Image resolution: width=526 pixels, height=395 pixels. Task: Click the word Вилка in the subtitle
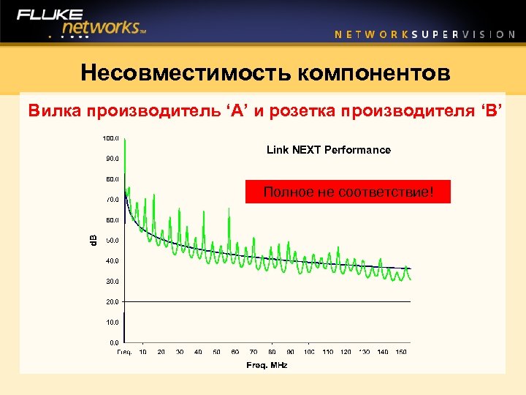[x=54, y=111]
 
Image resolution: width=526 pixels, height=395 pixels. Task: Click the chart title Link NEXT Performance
[x=328, y=150]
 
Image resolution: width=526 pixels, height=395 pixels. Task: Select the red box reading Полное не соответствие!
[x=348, y=192]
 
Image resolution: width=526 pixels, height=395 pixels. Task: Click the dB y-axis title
[x=93, y=240]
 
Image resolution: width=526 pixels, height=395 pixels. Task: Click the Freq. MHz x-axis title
[x=267, y=364]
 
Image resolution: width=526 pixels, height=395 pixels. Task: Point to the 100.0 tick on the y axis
[x=110, y=138]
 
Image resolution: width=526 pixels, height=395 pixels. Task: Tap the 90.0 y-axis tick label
[x=112, y=158]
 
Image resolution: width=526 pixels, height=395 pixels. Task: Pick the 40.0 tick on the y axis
[x=112, y=260]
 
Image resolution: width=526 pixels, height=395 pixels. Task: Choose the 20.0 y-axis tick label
[x=112, y=301]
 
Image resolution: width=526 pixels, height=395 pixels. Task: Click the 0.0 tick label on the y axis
[x=114, y=342]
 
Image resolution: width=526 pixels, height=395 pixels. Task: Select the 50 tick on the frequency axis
[x=217, y=352]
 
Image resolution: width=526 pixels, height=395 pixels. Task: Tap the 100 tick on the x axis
[x=309, y=352]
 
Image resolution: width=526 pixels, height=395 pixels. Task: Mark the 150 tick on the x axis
[x=401, y=352]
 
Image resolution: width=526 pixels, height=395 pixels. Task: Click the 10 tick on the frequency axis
[x=143, y=352]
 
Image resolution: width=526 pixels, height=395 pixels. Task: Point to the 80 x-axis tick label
[x=272, y=352]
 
